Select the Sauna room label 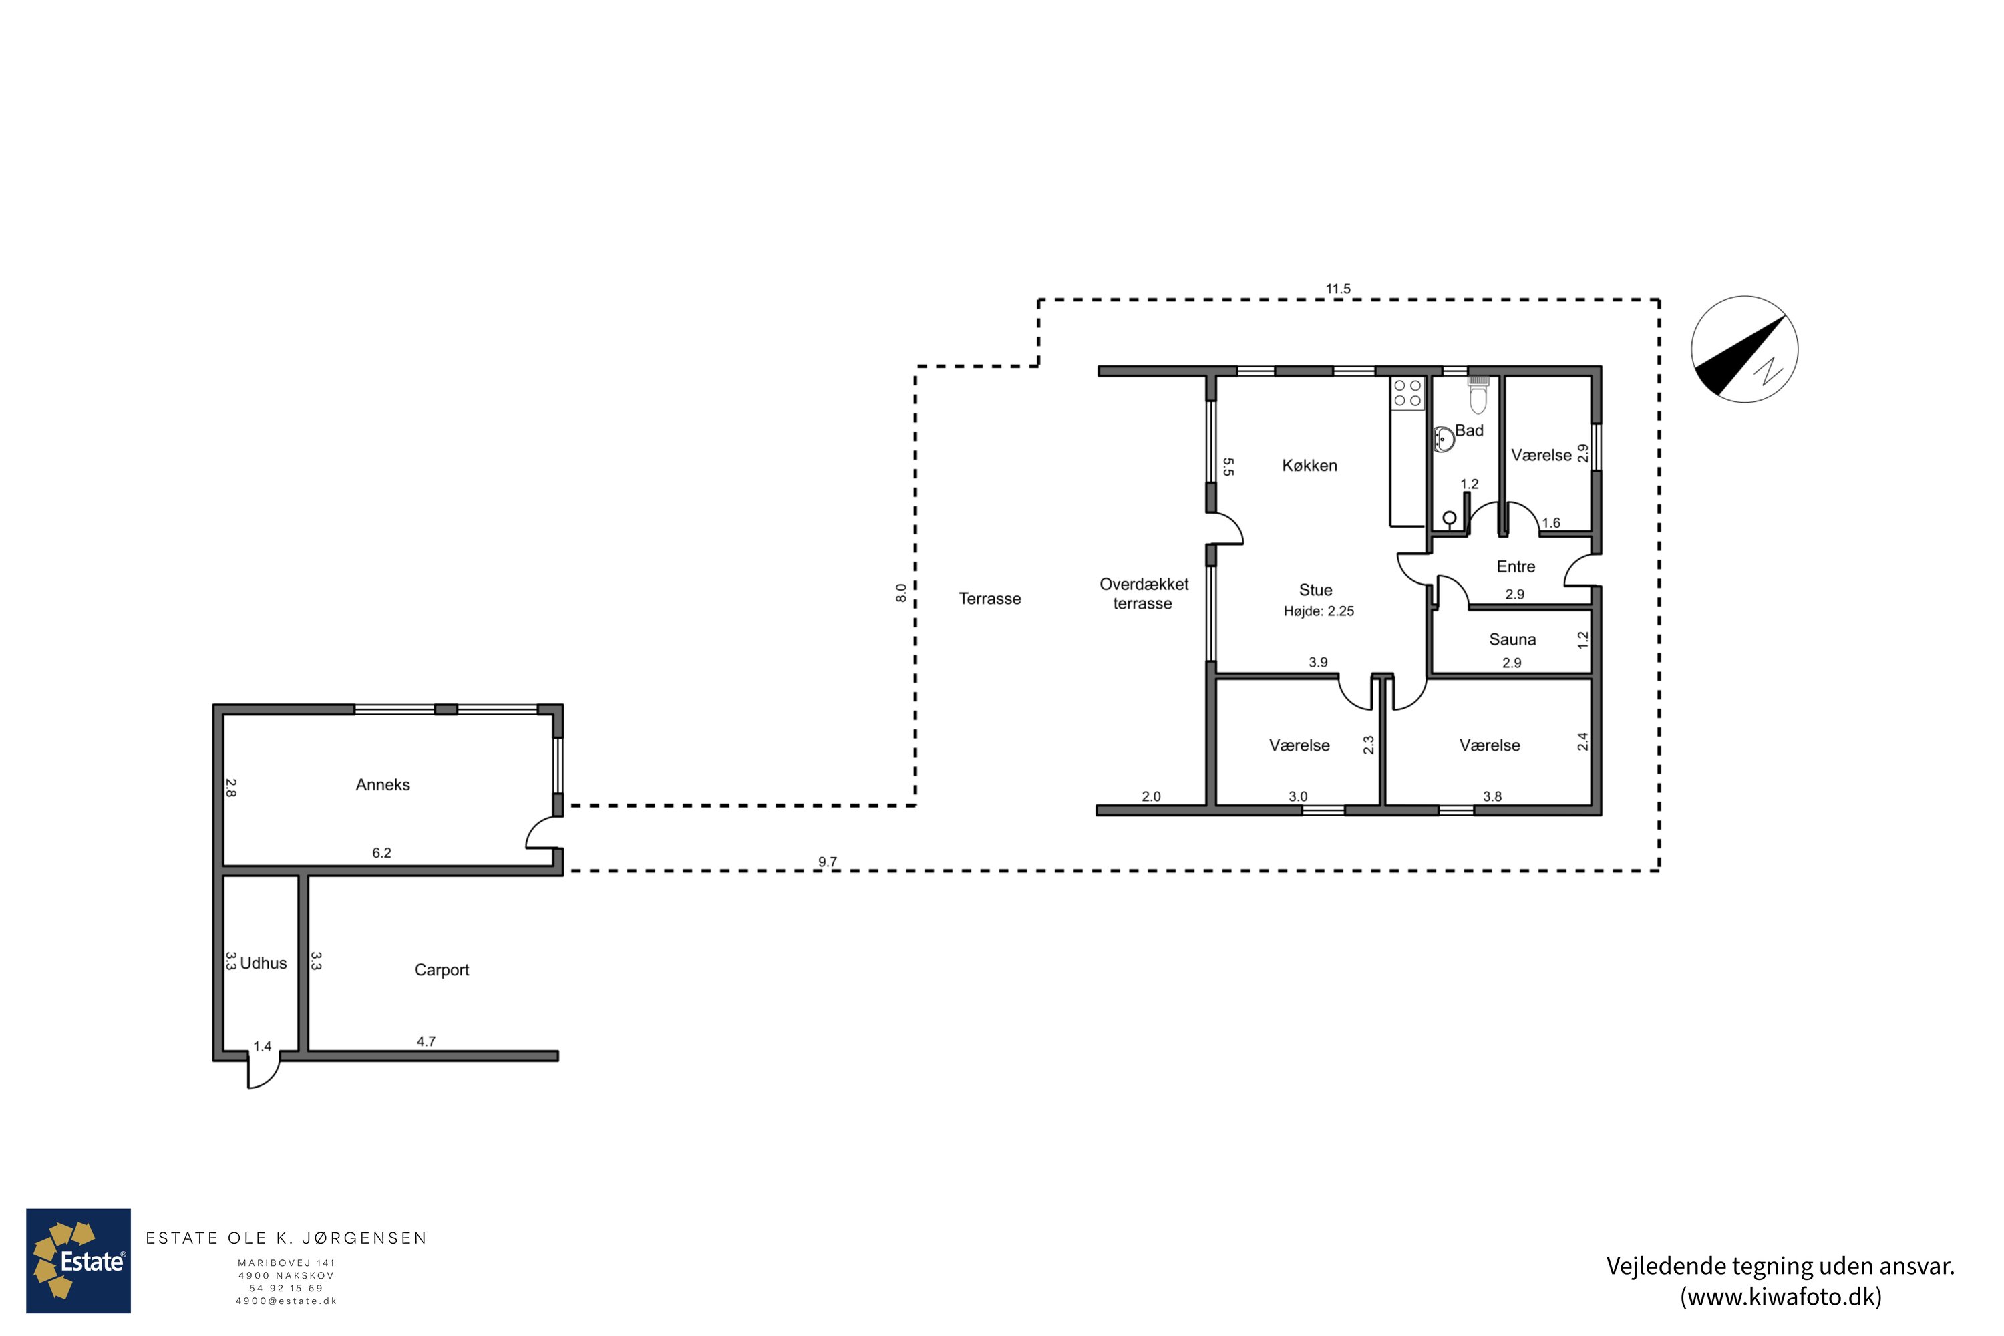pyautogui.click(x=1512, y=639)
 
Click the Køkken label pyautogui.click(x=1309, y=465)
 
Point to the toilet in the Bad pyautogui.click(x=1478, y=397)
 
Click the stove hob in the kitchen pyautogui.click(x=1407, y=393)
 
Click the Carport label pyautogui.click(x=442, y=970)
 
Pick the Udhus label pyautogui.click(x=263, y=963)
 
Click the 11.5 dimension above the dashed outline pyautogui.click(x=1338, y=289)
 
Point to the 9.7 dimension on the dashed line pyautogui.click(x=828, y=862)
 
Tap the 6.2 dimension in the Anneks pyautogui.click(x=381, y=853)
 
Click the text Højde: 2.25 pyautogui.click(x=1319, y=611)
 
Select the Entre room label pyautogui.click(x=1516, y=566)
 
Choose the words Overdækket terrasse pyautogui.click(x=1144, y=594)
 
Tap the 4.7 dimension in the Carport pyautogui.click(x=426, y=1041)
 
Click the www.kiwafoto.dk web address pyautogui.click(x=1781, y=1297)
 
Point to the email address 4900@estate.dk pyautogui.click(x=287, y=1301)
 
